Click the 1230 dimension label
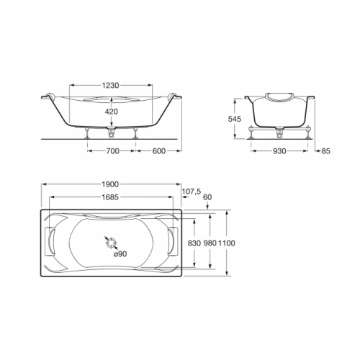click(110, 86)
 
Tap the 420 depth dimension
click(112, 112)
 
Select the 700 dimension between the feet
click(112, 151)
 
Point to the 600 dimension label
click(158, 151)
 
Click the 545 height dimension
click(235, 119)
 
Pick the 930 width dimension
click(279, 151)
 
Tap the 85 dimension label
click(325, 151)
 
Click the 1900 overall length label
click(110, 184)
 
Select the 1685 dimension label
click(110, 197)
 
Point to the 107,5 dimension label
click(192, 192)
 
